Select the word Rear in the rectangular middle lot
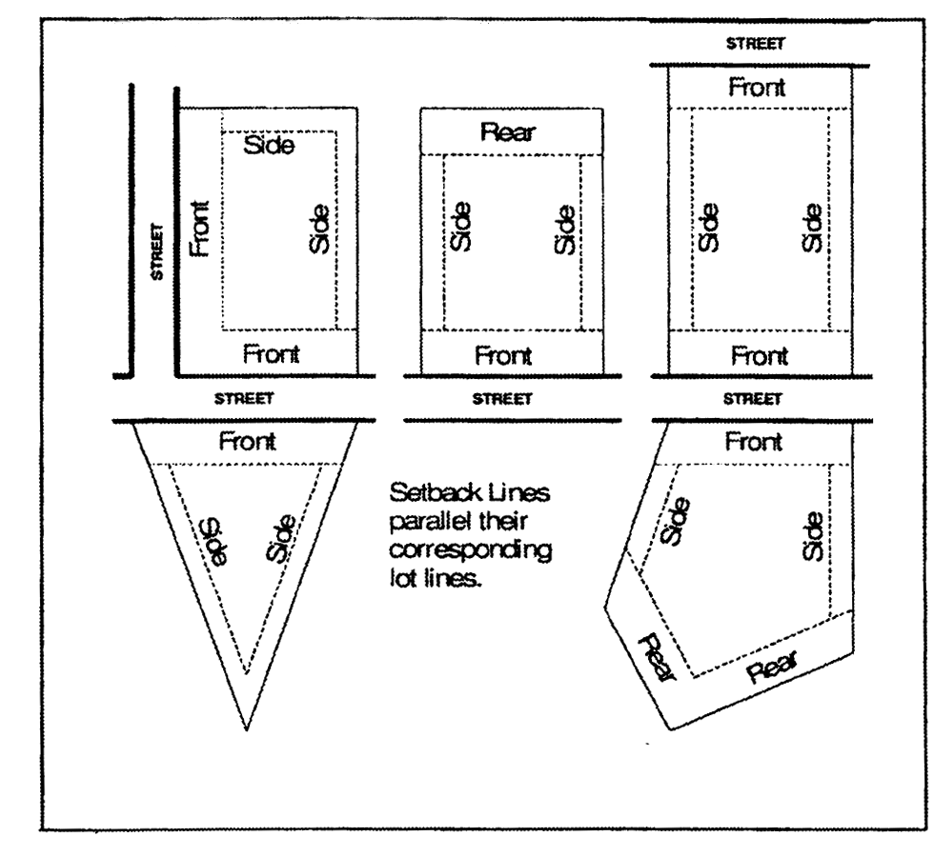tap(507, 132)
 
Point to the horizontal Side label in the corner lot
tap(270, 146)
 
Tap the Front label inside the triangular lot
tap(248, 442)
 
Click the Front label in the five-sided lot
tap(754, 442)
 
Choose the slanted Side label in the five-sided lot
tap(674, 523)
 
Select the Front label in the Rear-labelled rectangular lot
tap(503, 356)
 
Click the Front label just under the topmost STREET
tap(758, 88)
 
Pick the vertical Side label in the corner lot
tap(319, 229)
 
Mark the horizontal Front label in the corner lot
tap(271, 355)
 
